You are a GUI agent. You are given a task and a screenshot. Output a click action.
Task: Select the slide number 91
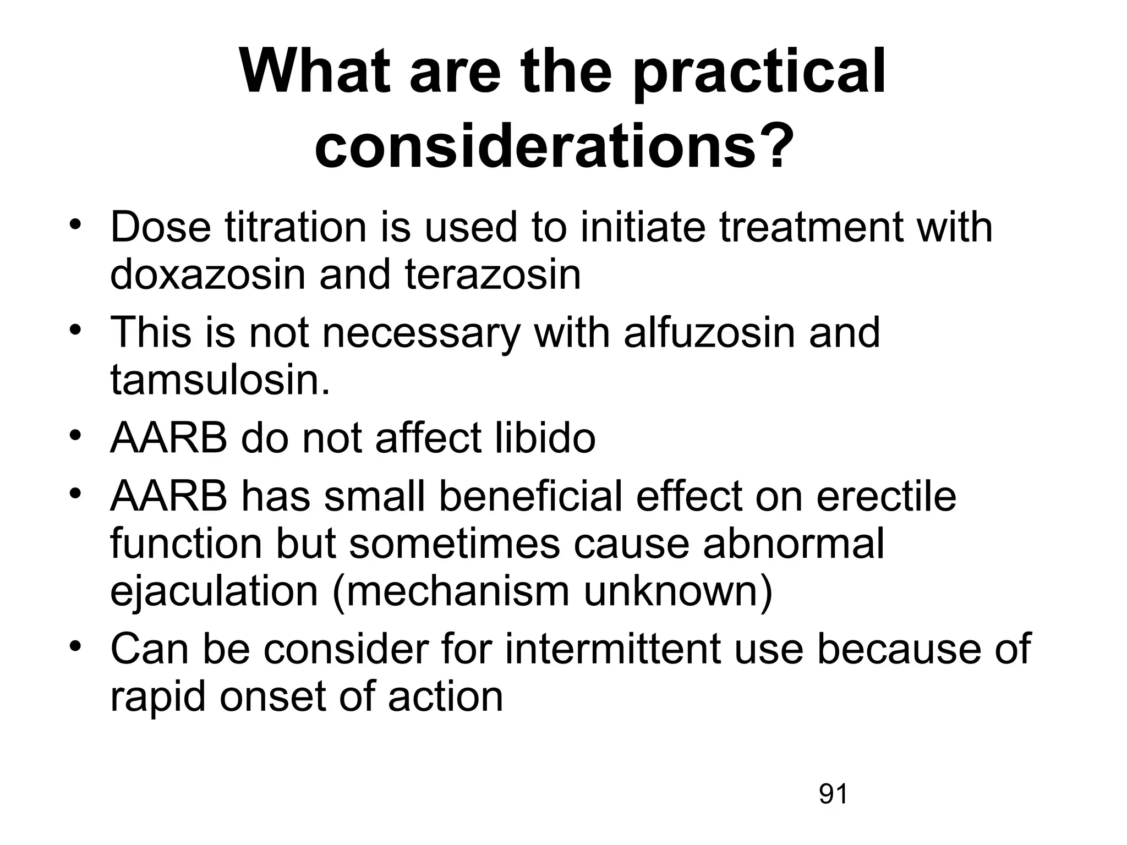click(833, 794)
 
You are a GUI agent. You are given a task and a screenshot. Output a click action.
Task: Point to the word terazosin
click(493, 275)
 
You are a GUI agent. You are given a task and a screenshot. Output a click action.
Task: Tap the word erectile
click(887, 497)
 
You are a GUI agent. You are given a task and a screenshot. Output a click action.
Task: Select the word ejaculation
click(214, 592)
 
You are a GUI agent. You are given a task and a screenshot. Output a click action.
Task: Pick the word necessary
click(421, 333)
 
